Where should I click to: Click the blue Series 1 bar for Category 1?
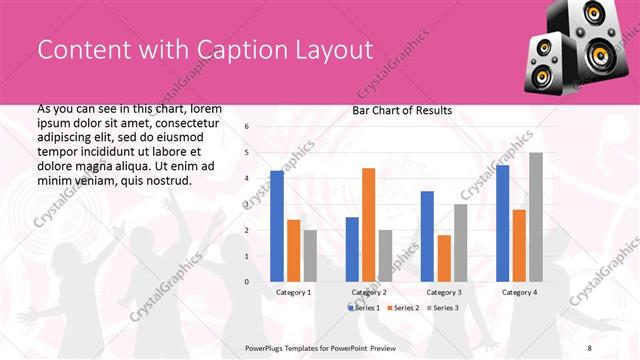tap(277, 226)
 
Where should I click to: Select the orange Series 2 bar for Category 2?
tap(368, 225)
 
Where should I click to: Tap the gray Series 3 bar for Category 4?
tap(536, 217)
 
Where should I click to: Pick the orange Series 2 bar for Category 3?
tap(444, 258)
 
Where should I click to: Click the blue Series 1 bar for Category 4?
tap(502, 223)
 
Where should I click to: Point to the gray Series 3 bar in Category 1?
tap(310, 256)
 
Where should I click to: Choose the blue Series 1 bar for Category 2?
tap(352, 249)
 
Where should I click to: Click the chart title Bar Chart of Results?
tap(402, 110)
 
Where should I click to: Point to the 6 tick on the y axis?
tap(247, 127)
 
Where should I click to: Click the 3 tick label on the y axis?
tap(247, 204)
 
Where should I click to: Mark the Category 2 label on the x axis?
tap(369, 292)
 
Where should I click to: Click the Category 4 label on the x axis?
tap(518, 292)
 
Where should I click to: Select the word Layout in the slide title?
tap(327, 50)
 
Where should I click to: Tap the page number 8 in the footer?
tap(589, 347)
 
